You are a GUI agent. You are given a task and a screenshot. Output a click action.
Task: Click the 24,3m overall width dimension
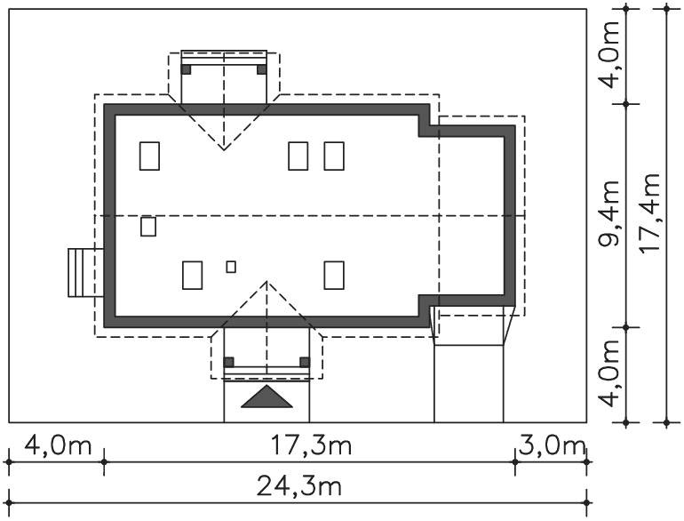[x=298, y=486]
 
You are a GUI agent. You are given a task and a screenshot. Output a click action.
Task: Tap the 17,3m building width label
[x=311, y=446]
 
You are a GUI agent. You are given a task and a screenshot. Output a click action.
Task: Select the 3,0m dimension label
[x=552, y=446]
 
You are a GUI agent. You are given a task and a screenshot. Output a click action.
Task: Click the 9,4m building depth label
[x=609, y=213]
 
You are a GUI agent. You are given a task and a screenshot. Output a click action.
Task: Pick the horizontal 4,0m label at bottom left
[x=58, y=446]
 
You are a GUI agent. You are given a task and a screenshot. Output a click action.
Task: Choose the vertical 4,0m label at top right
[x=609, y=54]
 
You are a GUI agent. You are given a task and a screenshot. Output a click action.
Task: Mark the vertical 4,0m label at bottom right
[x=609, y=373]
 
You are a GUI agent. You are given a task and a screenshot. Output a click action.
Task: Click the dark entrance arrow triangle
[x=266, y=397]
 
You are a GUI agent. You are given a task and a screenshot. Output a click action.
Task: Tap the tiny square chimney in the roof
[x=231, y=267]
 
